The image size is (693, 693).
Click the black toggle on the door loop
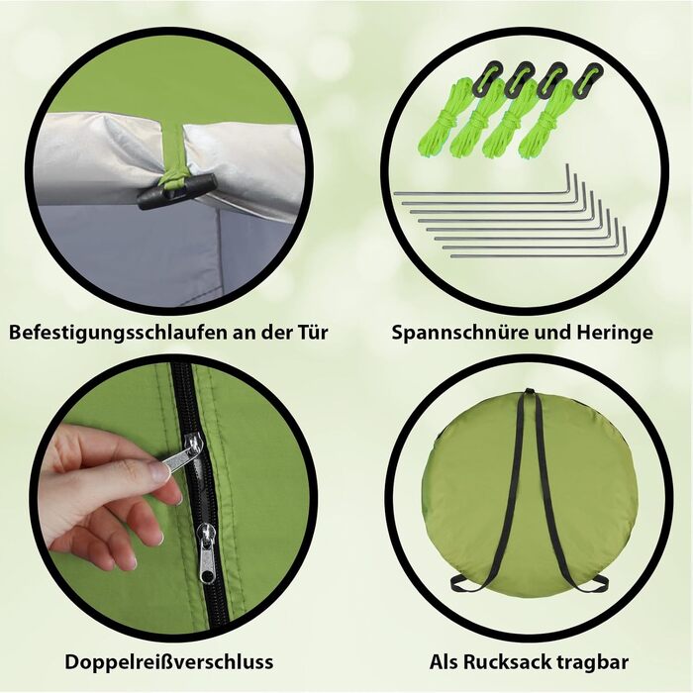pyautogui.click(x=177, y=191)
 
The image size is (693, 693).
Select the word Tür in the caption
pyautogui.click(x=310, y=331)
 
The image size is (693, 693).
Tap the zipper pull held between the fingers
pyautogui.click(x=180, y=453)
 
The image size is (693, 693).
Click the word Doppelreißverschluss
pyautogui.click(x=169, y=662)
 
